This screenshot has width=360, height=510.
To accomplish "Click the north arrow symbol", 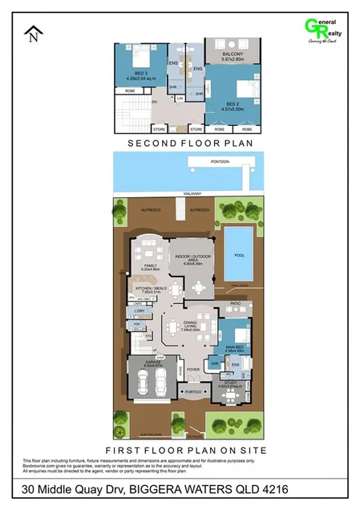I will pos(33,34).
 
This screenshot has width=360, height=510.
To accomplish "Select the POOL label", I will pos(239,254).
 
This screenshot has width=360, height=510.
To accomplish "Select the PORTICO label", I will pos(192,392).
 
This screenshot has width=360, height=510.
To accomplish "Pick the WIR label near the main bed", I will pos(214,362).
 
